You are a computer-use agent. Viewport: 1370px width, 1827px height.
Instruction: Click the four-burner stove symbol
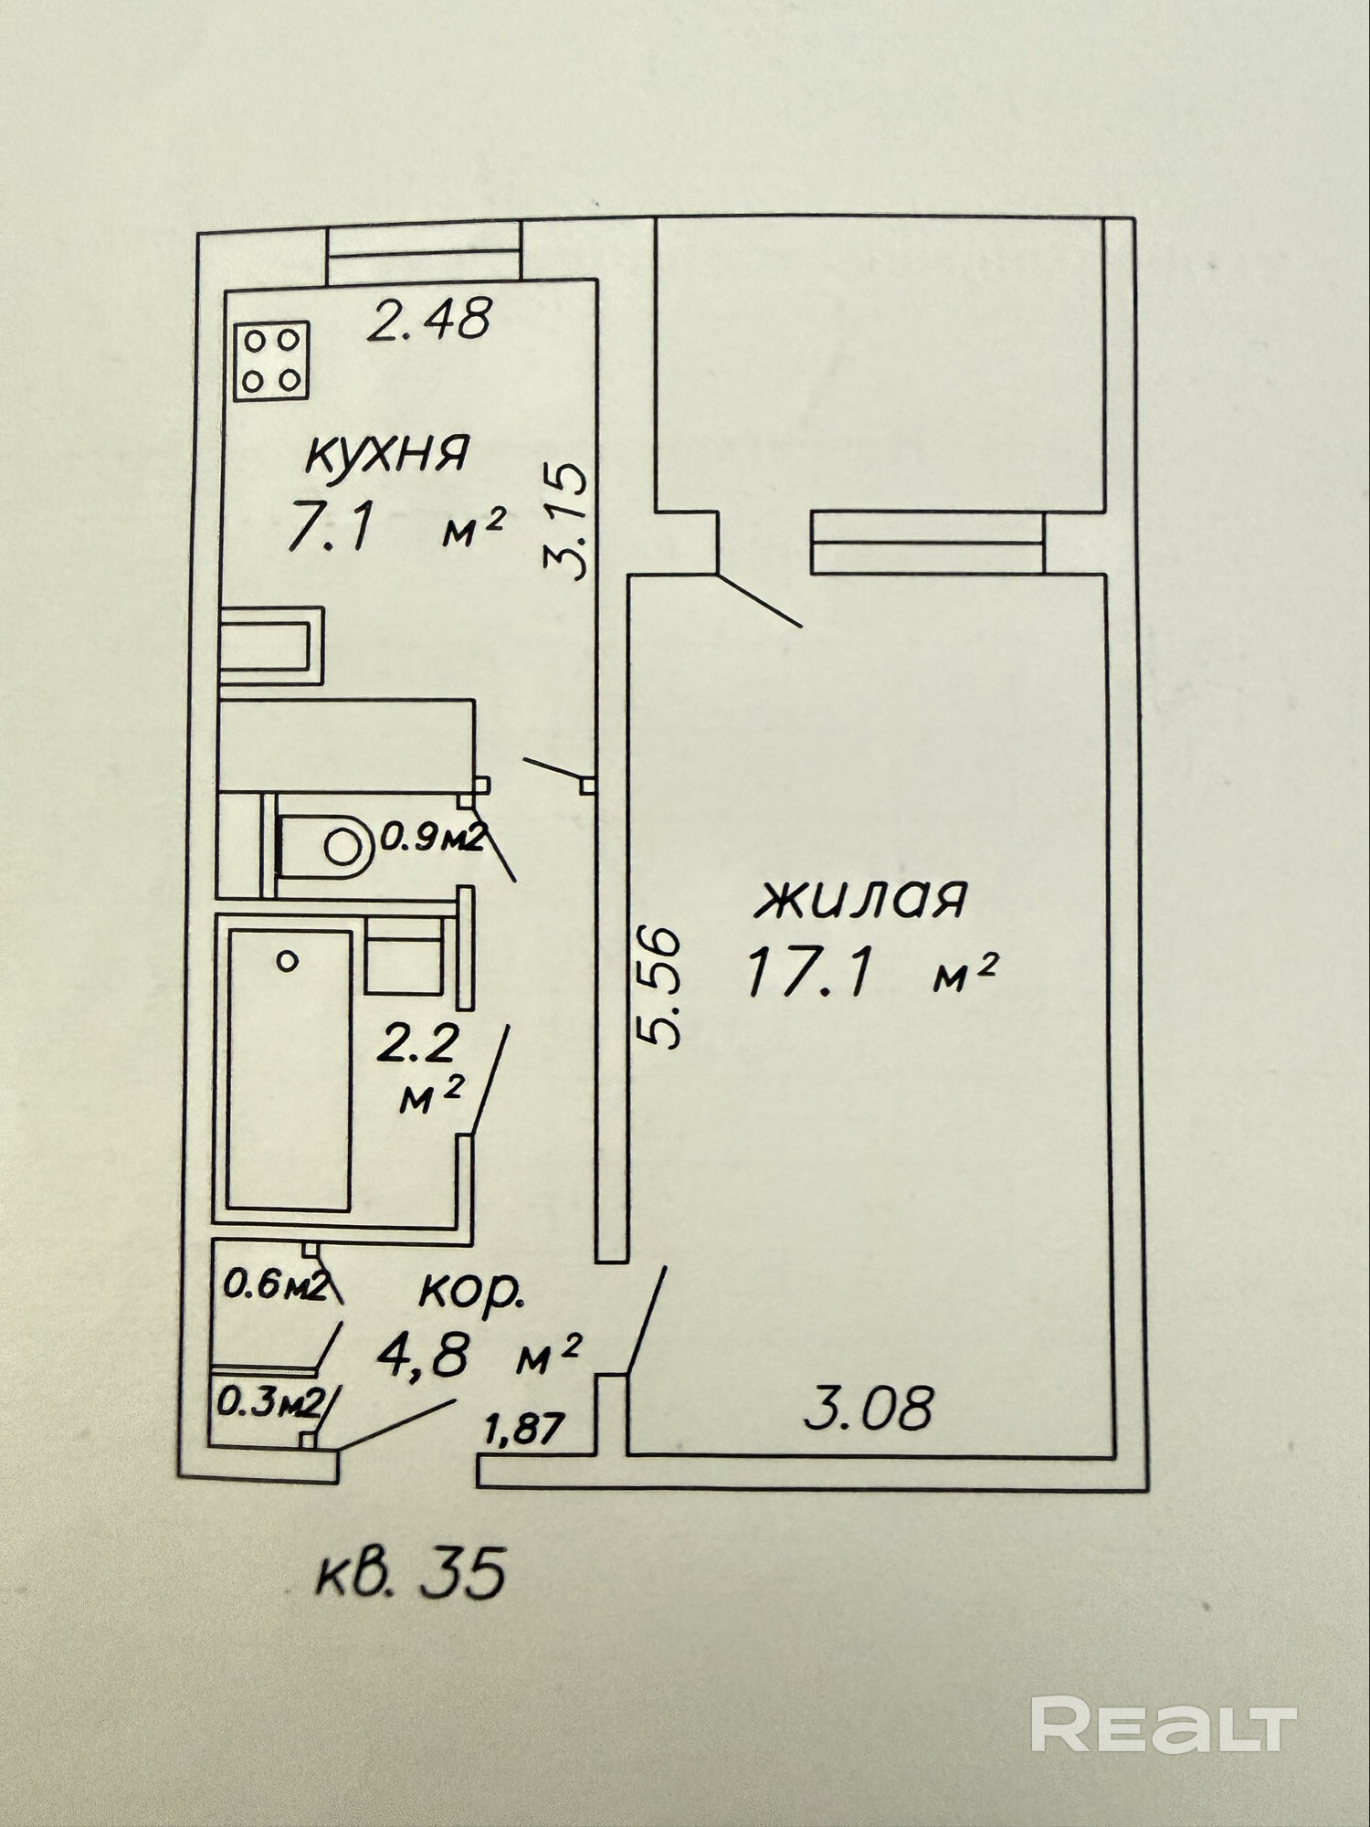coord(271,361)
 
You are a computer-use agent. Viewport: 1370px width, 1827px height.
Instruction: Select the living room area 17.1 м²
coord(869,974)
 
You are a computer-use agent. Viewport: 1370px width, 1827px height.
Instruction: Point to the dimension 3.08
coord(869,1408)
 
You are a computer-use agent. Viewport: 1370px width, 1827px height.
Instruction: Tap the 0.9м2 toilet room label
coord(431,836)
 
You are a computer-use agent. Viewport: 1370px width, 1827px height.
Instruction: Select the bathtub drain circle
coord(288,960)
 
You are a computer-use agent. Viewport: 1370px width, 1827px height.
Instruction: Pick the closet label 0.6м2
coord(276,1287)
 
